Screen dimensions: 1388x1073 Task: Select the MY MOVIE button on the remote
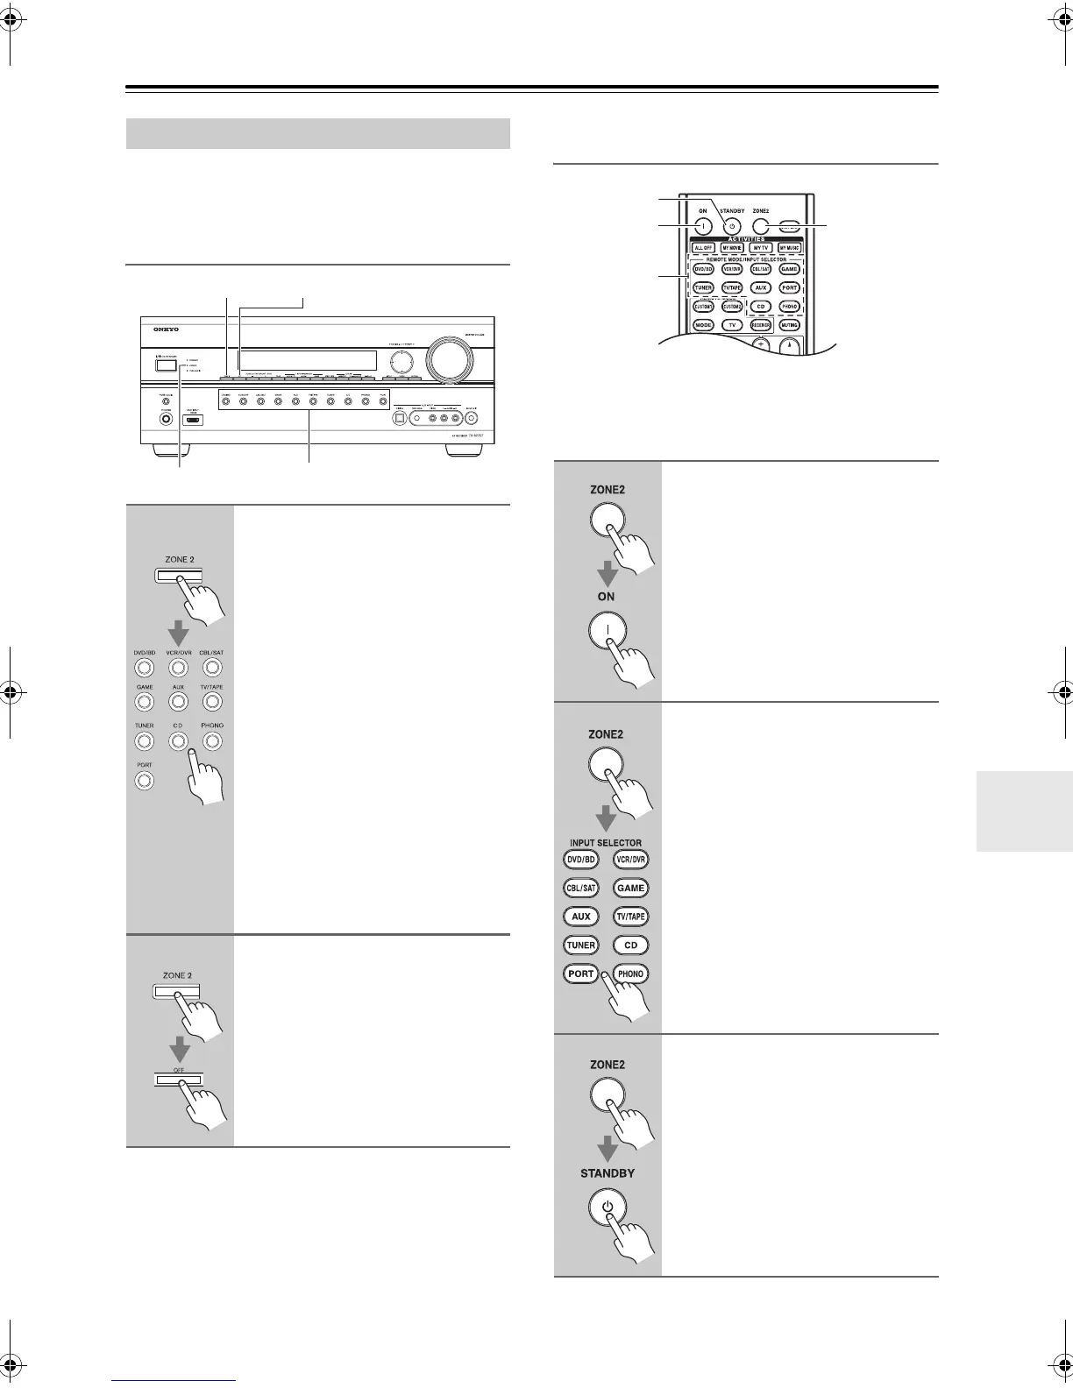[732, 248]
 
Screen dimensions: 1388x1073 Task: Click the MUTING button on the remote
[789, 324]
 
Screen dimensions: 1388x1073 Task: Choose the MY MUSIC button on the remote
[789, 248]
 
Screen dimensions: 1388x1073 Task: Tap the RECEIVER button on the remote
[760, 324]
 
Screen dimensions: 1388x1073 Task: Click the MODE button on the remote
[703, 324]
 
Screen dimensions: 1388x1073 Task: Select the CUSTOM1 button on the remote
[703, 307]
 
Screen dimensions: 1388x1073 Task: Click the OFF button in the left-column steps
[179, 1080]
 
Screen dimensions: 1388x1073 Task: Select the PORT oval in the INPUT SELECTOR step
[580, 974]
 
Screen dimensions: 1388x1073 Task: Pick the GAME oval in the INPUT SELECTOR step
[630, 888]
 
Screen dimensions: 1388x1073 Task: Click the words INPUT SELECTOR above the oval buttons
[605, 843]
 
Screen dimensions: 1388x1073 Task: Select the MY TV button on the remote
[761, 248]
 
